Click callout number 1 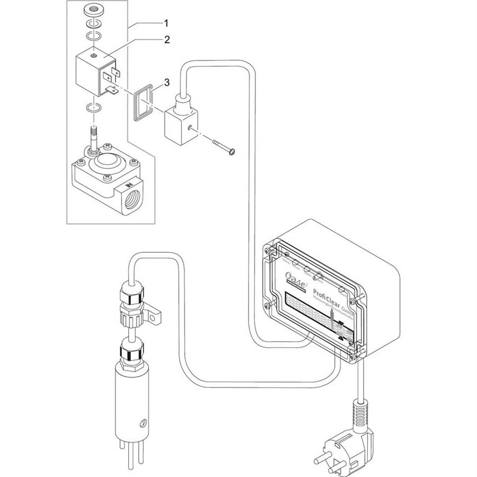coord(166,23)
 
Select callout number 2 coord(166,39)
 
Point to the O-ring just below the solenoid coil coord(94,109)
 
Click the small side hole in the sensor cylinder coord(140,423)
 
